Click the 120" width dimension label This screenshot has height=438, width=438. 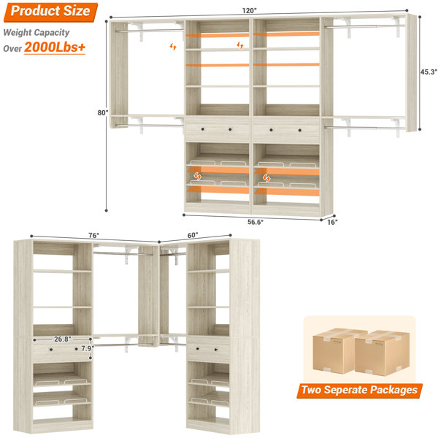click(x=249, y=11)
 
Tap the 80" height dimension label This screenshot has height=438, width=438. click(x=102, y=112)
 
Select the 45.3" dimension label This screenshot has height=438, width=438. click(x=429, y=72)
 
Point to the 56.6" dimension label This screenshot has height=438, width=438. click(x=255, y=222)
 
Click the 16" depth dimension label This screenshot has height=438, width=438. click(x=332, y=222)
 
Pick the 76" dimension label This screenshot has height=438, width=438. click(x=94, y=236)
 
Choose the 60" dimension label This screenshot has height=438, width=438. click(x=193, y=236)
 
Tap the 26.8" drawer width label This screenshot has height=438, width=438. click(x=63, y=339)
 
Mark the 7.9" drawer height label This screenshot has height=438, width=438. click(x=88, y=348)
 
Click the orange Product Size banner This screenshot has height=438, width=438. click(x=50, y=12)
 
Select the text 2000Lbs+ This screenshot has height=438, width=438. click(x=55, y=47)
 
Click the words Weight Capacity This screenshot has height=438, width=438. click(x=36, y=33)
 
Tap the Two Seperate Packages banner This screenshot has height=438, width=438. click(x=359, y=391)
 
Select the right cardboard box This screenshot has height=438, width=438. click(x=382, y=353)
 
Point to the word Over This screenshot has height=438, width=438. click(x=12, y=49)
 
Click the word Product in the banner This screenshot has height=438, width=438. click(x=35, y=11)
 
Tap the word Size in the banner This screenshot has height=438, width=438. click(x=77, y=11)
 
